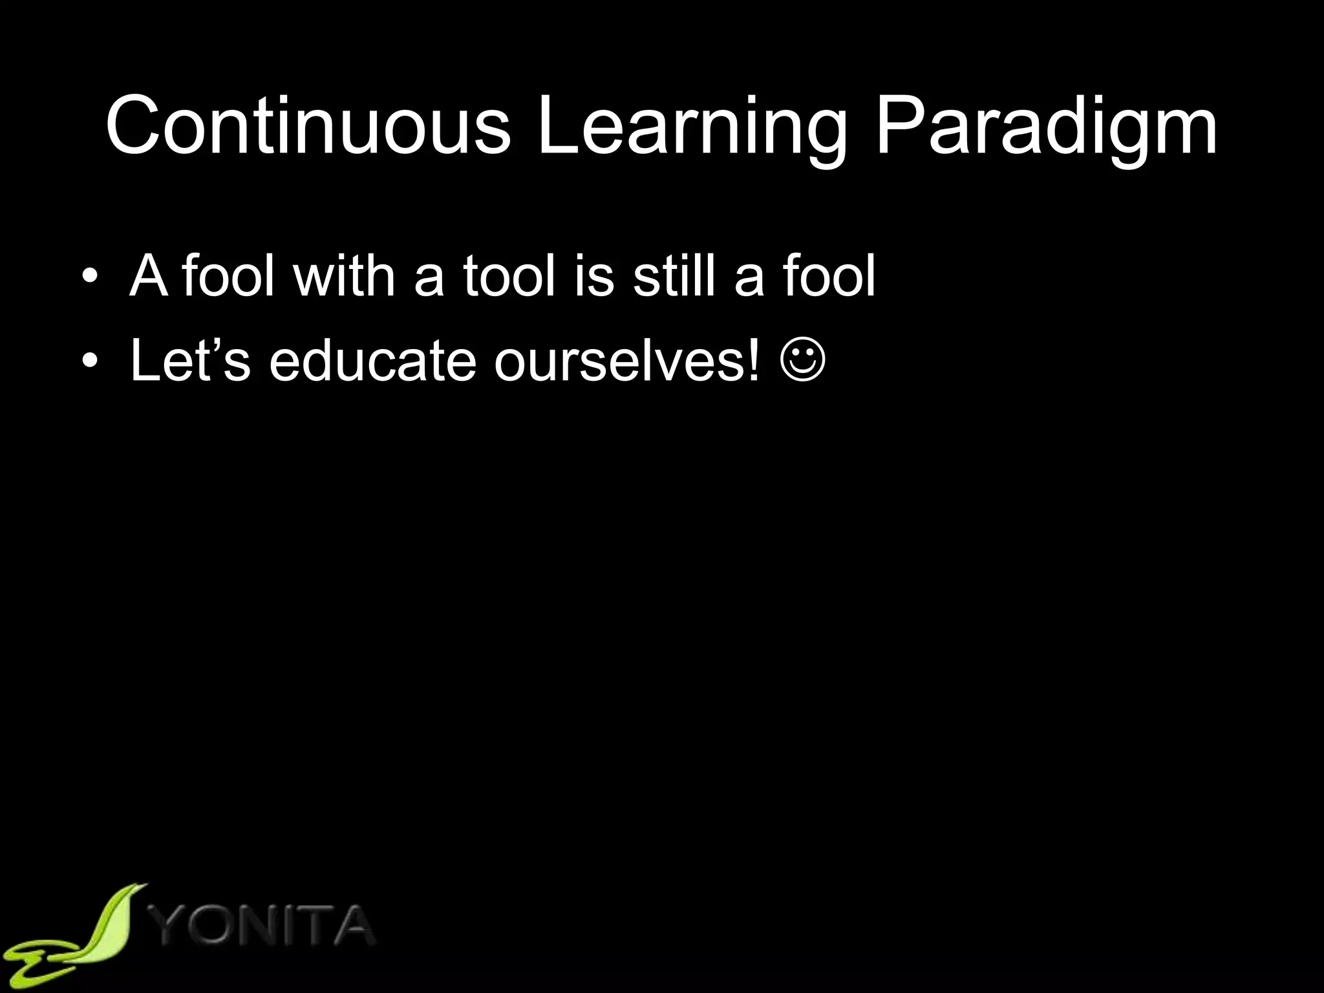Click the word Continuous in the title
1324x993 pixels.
pos(308,125)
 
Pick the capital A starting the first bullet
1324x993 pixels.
pos(149,276)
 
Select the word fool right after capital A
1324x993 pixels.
pos(228,276)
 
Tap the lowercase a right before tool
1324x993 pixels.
pos(429,282)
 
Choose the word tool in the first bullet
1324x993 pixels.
pos(509,276)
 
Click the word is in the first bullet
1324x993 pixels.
pos(593,276)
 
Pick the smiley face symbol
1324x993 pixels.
pos(802,361)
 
